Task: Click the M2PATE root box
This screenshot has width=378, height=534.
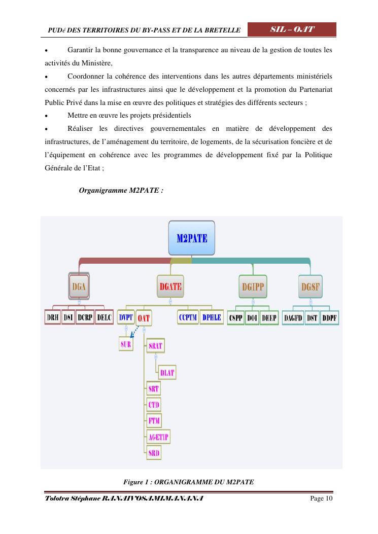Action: pyautogui.click(x=191, y=237)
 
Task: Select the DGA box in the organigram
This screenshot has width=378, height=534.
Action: pyautogui.click(x=79, y=287)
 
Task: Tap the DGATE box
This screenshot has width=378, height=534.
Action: pyautogui.click(x=170, y=287)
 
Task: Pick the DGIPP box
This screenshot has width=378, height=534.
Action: pyautogui.click(x=253, y=287)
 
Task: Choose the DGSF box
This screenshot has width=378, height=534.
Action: pyautogui.click(x=311, y=287)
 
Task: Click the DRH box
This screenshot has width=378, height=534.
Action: pyautogui.click(x=53, y=318)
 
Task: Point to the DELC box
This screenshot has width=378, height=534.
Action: pyautogui.click(x=104, y=318)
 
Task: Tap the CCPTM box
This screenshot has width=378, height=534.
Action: pyautogui.click(x=188, y=318)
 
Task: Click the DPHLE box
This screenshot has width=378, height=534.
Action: pyautogui.click(x=212, y=318)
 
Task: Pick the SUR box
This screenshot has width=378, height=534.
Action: pyautogui.click(x=126, y=344)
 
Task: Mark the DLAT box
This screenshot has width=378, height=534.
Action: pyautogui.click(x=167, y=373)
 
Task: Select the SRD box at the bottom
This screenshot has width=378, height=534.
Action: pyautogui.click(x=154, y=453)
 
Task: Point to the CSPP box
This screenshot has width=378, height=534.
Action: pyautogui.click(x=236, y=318)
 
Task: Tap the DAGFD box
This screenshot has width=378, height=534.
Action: pyautogui.click(x=293, y=318)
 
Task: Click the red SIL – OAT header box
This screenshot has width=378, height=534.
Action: pyautogui.click(x=292, y=29)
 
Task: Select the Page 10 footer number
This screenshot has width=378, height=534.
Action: pyautogui.click(x=321, y=499)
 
